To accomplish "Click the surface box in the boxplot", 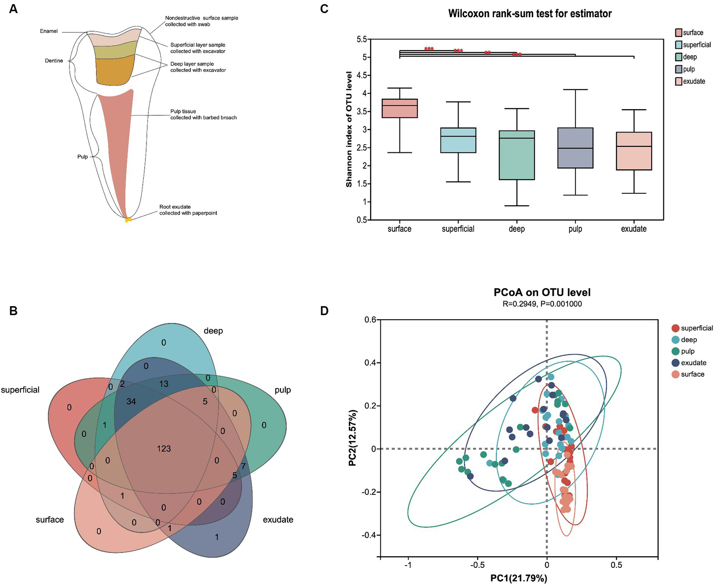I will coord(400,108).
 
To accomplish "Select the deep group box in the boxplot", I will coord(516,155).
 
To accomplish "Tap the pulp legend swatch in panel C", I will coord(679,69).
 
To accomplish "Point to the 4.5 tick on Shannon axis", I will coord(361,75).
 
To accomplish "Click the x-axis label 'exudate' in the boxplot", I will coord(634,229).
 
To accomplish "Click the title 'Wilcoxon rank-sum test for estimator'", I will coord(530,13).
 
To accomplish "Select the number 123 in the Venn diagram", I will coord(164,448).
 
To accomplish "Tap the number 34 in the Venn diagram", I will coord(131,401).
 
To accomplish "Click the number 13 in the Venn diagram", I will coord(164,384).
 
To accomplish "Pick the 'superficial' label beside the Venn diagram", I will coord(20,390).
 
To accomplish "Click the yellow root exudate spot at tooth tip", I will coord(128,219).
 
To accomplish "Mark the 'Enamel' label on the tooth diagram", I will coord(49,31).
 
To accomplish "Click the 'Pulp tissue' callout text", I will coord(183,112).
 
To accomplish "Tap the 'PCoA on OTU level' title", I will coord(542,292).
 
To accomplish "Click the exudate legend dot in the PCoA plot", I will coord(675,363).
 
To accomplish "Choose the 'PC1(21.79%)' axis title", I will coord(519,578).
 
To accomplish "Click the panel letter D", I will coord(324,310).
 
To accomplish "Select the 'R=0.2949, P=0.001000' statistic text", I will coord(542,304).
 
